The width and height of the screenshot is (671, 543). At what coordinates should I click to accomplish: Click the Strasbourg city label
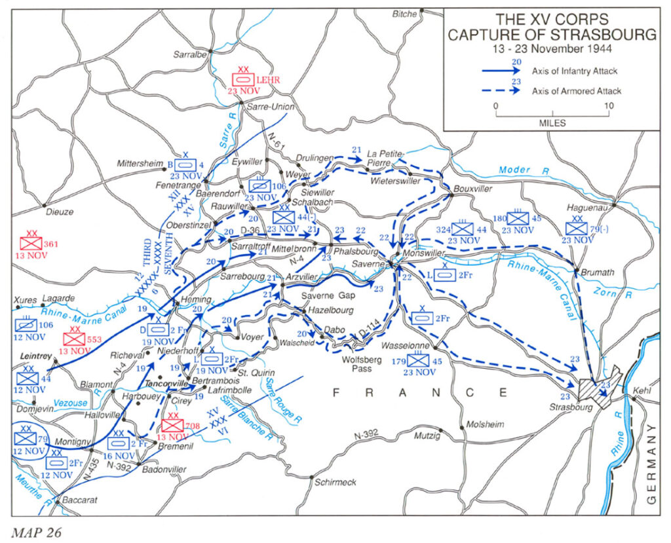tap(570, 407)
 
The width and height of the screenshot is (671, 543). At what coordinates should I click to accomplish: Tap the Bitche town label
tap(404, 13)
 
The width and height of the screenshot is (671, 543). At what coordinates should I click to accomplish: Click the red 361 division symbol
tap(31, 242)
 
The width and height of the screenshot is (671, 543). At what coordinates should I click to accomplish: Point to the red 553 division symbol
tap(73, 339)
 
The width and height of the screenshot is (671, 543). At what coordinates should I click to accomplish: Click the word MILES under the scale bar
tap(552, 122)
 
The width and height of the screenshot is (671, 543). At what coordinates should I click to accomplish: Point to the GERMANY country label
tap(651, 466)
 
